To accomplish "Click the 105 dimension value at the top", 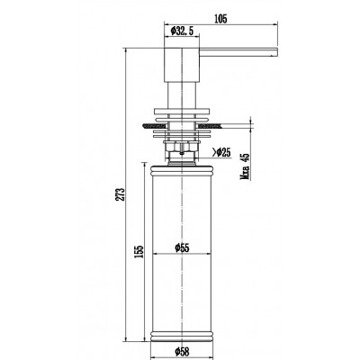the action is (220, 19).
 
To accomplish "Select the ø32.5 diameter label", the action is (182, 31).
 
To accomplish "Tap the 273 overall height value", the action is (121, 194).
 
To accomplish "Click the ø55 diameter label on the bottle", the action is (182, 247).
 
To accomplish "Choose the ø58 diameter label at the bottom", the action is (182, 351).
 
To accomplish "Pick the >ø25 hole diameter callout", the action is (221, 153).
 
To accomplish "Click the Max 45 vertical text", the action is (245, 166).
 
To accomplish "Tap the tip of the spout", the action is (277, 52).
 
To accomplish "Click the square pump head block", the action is (182, 65).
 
